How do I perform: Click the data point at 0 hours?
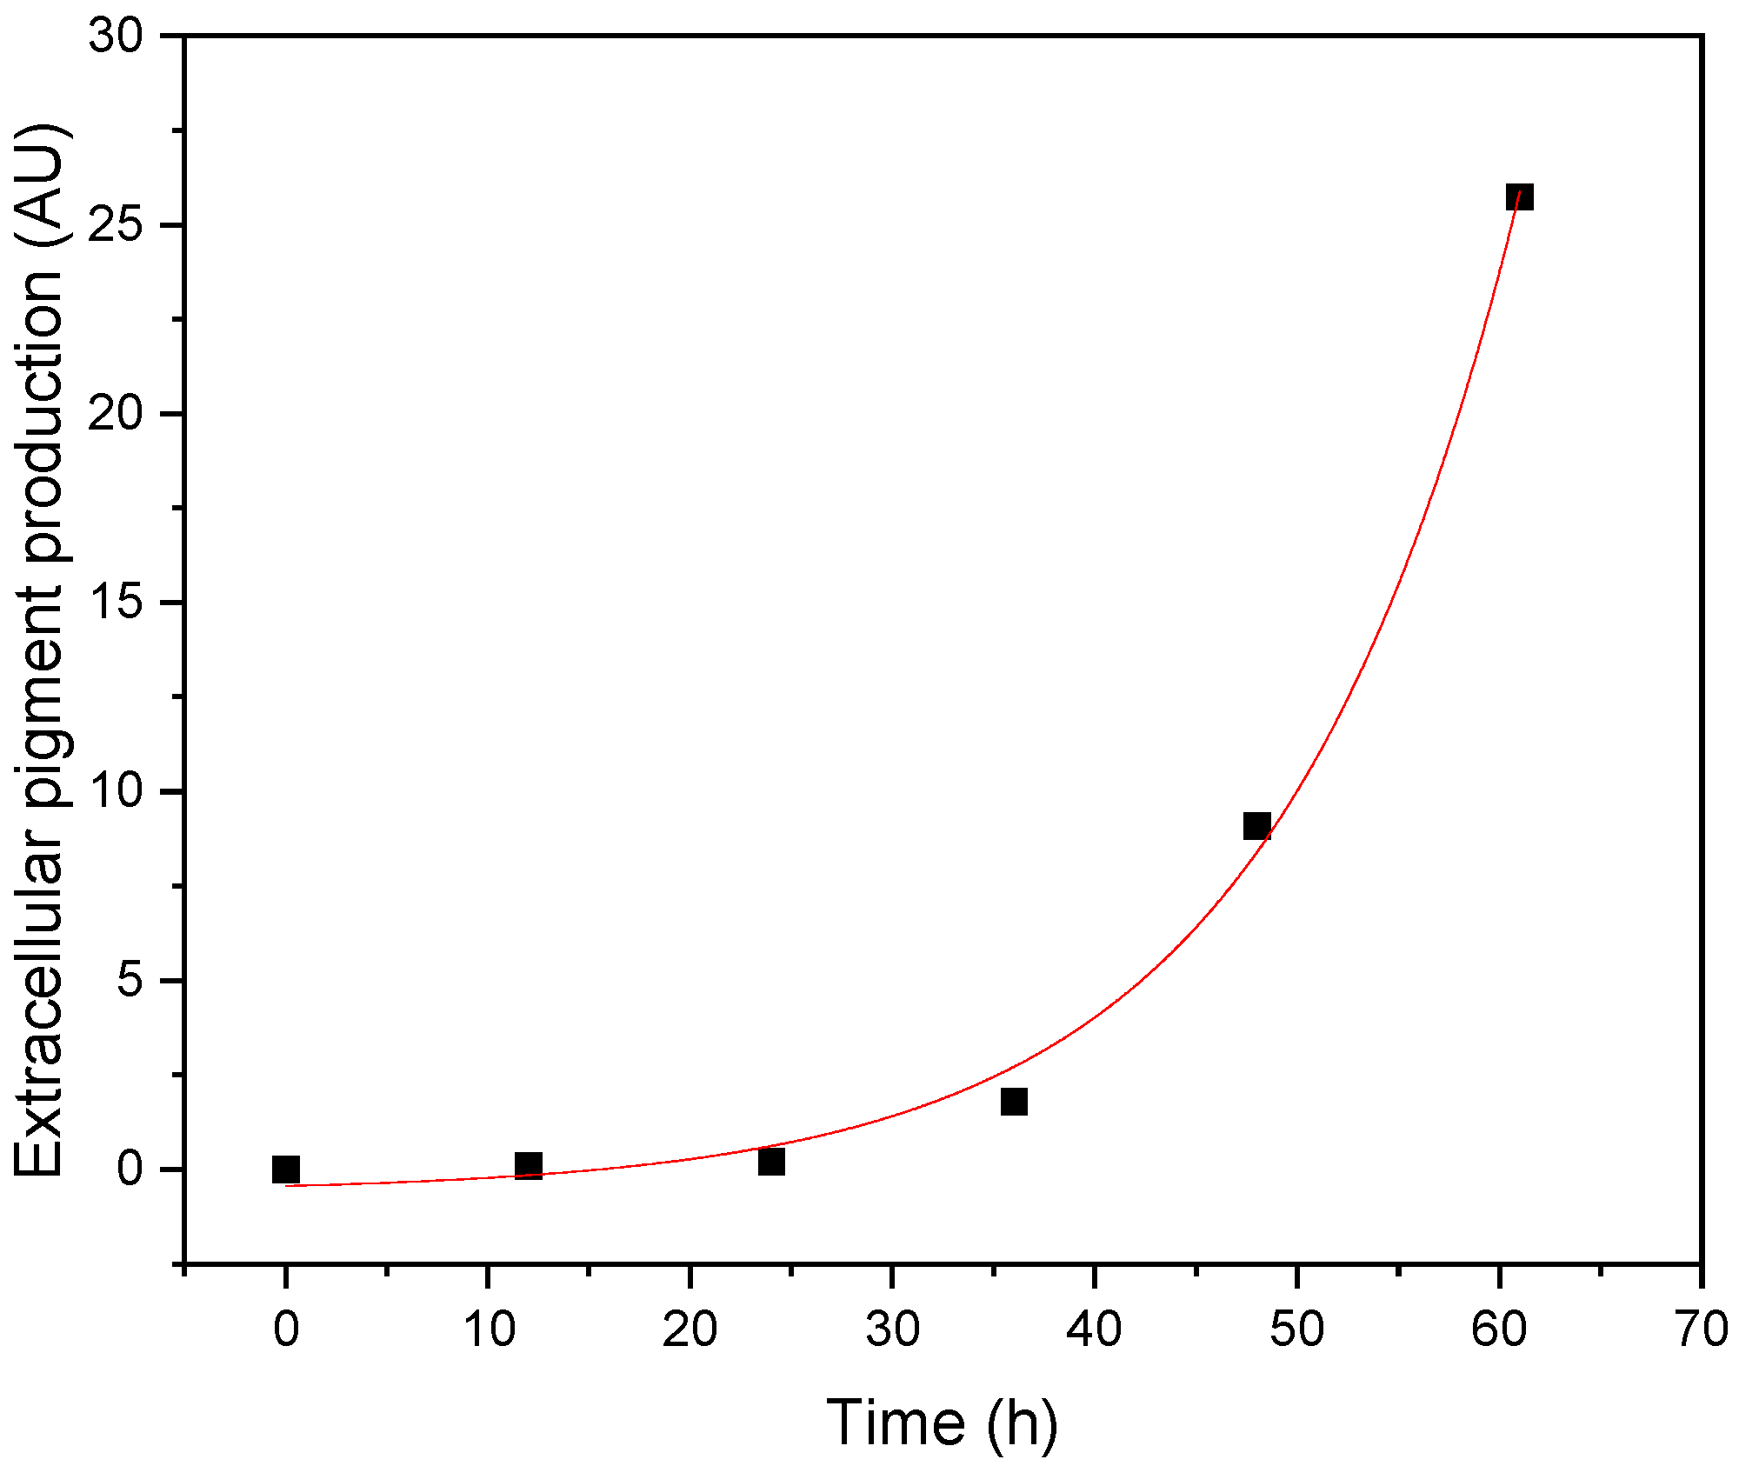coord(285,1169)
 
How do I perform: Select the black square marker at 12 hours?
coord(528,1166)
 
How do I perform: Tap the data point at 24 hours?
coord(771,1161)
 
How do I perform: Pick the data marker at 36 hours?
coord(1014,1102)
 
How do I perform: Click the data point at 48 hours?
coord(1256,826)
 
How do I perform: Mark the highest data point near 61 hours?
coord(1519,197)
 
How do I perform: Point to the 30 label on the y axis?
coord(116,37)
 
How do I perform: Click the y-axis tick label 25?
coord(116,225)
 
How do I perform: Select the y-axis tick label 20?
coord(116,414)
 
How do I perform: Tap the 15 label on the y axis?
coord(116,603)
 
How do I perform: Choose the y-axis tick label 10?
coord(116,791)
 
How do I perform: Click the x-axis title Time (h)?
coord(942,1423)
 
